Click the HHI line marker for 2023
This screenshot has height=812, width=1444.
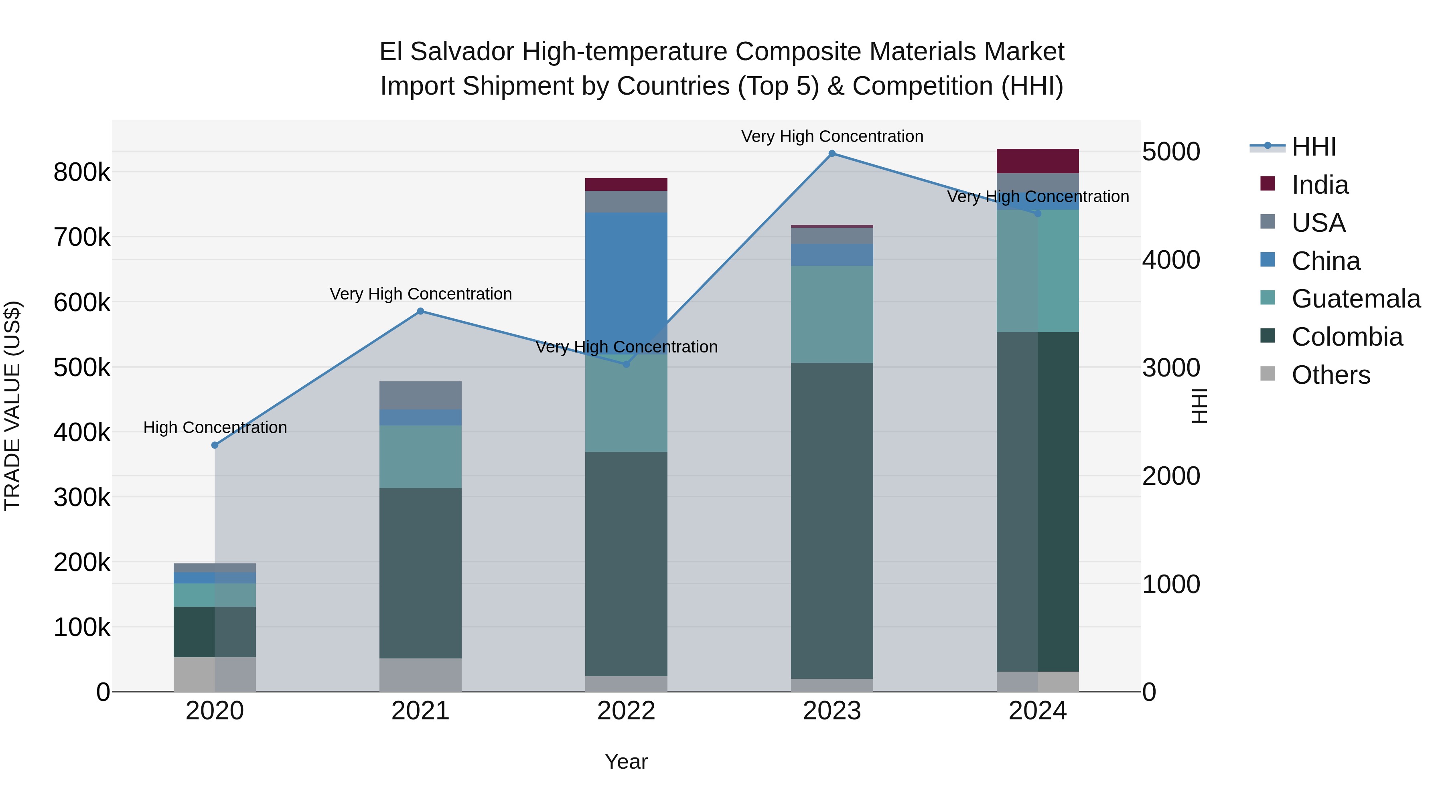tap(832, 154)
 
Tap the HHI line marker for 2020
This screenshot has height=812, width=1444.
tap(215, 445)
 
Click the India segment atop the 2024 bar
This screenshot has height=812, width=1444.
tap(1038, 161)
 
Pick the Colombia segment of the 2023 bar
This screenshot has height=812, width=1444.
tap(832, 521)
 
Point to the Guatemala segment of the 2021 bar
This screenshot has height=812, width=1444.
tap(420, 457)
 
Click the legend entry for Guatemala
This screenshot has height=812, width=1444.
tap(1355, 299)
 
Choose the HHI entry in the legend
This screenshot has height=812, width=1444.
tap(1313, 147)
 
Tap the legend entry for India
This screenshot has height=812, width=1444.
tap(1320, 185)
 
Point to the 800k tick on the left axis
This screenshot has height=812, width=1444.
tap(82, 172)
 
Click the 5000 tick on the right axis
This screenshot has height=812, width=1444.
tap(1171, 152)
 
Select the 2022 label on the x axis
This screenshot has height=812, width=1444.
tap(626, 711)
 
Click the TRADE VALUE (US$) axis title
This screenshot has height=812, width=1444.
tap(12, 406)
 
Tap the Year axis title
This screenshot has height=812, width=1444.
tap(626, 761)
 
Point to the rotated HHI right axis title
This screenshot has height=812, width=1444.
tap(1199, 406)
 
